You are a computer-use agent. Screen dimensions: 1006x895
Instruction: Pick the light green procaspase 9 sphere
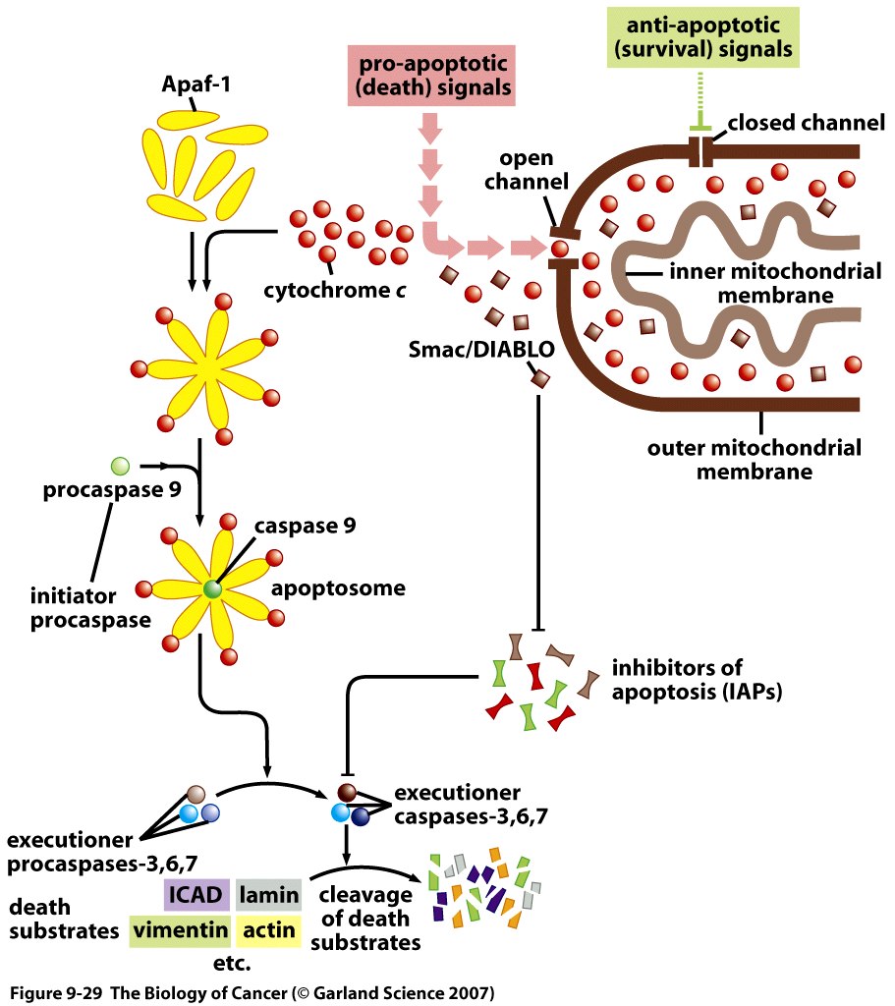[120, 465]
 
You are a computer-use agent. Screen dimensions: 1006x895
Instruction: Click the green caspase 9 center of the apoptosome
[213, 589]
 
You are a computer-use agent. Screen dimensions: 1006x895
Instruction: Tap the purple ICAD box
[196, 894]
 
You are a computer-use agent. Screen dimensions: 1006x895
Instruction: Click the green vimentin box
[180, 929]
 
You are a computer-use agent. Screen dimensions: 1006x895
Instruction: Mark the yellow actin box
[268, 929]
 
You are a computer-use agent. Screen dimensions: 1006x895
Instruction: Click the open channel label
[527, 170]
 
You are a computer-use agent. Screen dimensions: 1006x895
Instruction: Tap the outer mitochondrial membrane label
[754, 459]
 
